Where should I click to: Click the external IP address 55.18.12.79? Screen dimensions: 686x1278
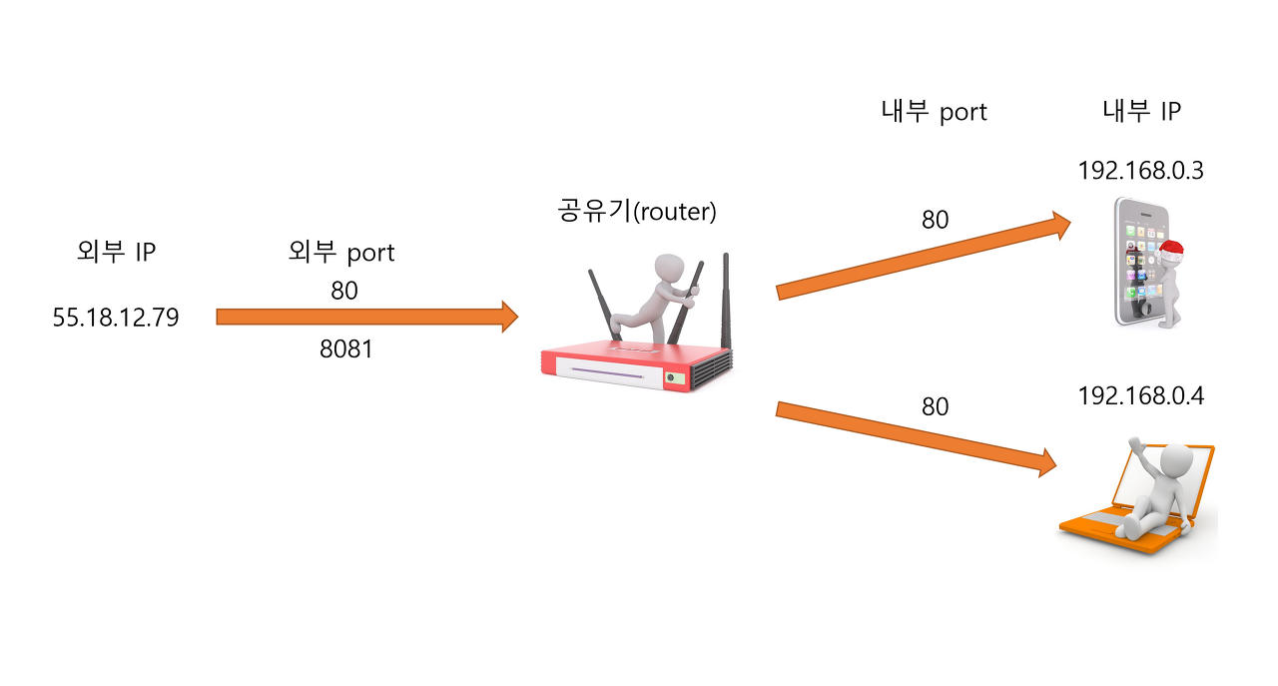pyautogui.click(x=116, y=319)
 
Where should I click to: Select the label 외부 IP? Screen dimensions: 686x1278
pyautogui.click(x=116, y=253)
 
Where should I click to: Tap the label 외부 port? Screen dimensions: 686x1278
pyautogui.click(x=341, y=253)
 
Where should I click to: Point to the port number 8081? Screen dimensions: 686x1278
pyautogui.click(x=345, y=349)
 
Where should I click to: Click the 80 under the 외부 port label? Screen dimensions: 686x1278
pyautogui.click(x=343, y=291)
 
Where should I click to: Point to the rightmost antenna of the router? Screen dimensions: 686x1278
pyautogui.click(x=726, y=300)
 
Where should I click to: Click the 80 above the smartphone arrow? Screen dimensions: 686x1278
pyautogui.click(x=935, y=220)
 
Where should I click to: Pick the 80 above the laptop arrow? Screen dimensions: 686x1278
pyautogui.click(x=935, y=406)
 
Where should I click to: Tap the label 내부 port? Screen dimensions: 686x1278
pyautogui.click(x=934, y=112)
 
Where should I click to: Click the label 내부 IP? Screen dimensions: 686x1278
pyautogui.click(x=1141, y=112)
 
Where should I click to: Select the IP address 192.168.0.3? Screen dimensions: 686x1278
pyautogui.click(x=1140, y=171)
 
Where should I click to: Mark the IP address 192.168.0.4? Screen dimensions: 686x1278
pyautogui.click(x=1140, y=396)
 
